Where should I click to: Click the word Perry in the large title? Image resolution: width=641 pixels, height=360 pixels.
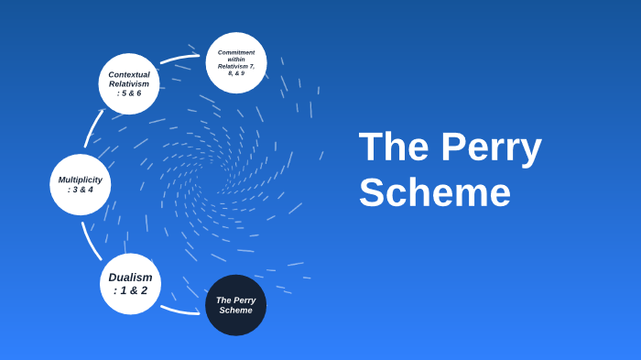(x=491, y=147)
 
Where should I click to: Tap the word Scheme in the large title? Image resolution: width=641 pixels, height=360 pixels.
(x=434, y=193)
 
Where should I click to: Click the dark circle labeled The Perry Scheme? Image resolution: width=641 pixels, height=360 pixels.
(x=235, y=305)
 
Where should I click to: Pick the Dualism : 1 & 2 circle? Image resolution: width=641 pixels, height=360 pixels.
(x=130, y=284)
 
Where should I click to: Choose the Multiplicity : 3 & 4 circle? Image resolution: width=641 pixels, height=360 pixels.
(x=81, y=184)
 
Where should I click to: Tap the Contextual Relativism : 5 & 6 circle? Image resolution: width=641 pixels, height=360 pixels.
(x=129, y=83)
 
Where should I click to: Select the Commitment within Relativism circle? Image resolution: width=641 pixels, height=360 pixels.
(x=236, y=62)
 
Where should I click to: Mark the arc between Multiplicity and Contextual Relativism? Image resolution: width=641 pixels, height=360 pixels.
(x=92, y=128)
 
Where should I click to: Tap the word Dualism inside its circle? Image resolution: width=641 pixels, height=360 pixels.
(x=130, y=278)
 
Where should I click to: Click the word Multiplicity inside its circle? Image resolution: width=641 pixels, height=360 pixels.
(x=81, y=180)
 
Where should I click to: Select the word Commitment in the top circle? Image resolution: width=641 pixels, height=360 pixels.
(x=236, y=52)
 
